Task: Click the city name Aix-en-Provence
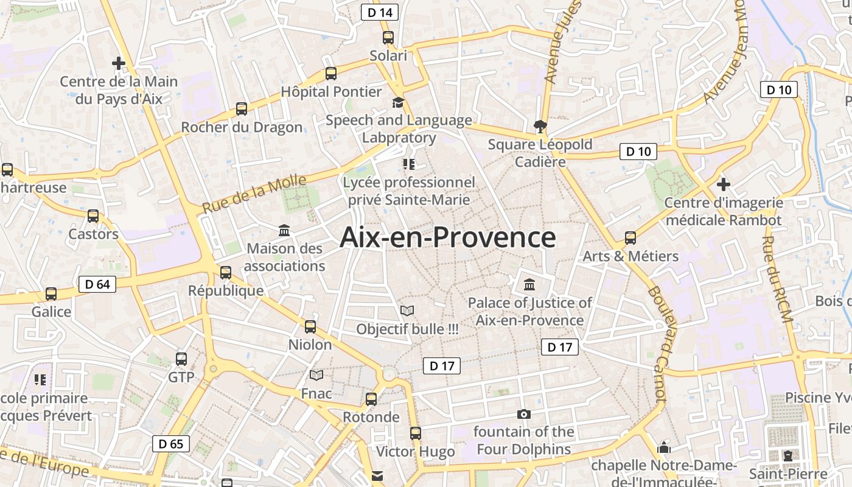click(x=447, y=237)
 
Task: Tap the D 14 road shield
click(x=380, y=12)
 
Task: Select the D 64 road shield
click(x=97, y=284)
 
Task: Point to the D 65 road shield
click(x=171, y=444)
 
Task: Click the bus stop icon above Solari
click(x=388, y=38)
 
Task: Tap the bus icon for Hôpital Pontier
click(x=331, y=74)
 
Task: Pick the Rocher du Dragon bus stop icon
click(x=242, y=109)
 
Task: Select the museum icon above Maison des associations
click(x=284, y=231)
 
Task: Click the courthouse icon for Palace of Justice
click(x=529, y=284)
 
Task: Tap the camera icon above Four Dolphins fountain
click(x=523, y=415)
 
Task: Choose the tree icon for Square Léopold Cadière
click(x=539, y=127)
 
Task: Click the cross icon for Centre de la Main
click(x=119, y=63)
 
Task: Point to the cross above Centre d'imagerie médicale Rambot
click(x=723, y=184)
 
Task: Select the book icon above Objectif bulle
click(x=407, y=310)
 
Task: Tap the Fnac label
click(x=316, y=393)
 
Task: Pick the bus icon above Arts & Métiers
click(x=630, y=238)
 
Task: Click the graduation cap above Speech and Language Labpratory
click(x=398, y=102)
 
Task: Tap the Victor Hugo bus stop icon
click(x=415, y=433)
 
